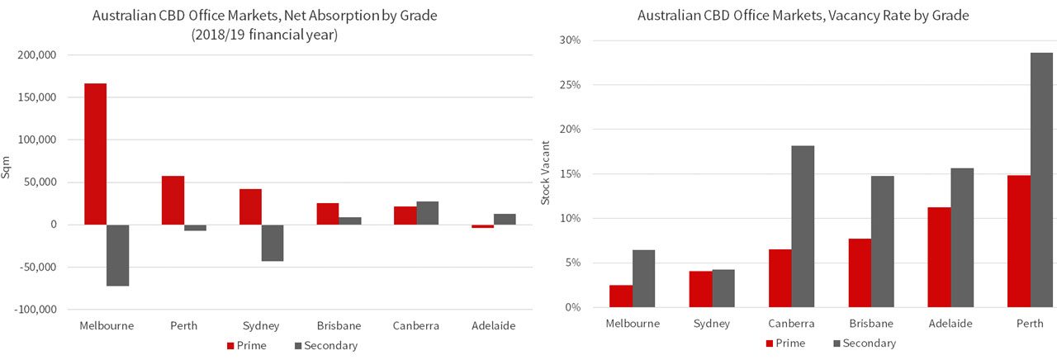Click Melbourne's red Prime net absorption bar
click(x=96, y=154)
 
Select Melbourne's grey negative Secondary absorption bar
click(x=118, y=255)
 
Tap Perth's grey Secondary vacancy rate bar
click(x=1041, y=180)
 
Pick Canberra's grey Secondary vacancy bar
click(x=803, y=226)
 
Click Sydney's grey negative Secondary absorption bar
click(x=273, y=243)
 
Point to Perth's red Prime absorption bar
click(x=173, y=201)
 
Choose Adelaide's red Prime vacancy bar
click(x=939, y=258)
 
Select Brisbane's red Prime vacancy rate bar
click(x=860, y=273)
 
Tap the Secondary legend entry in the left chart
click(x=330, y=346)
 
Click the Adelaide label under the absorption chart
click(x=494, y=326)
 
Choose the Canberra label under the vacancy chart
click(x=791, y=324)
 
